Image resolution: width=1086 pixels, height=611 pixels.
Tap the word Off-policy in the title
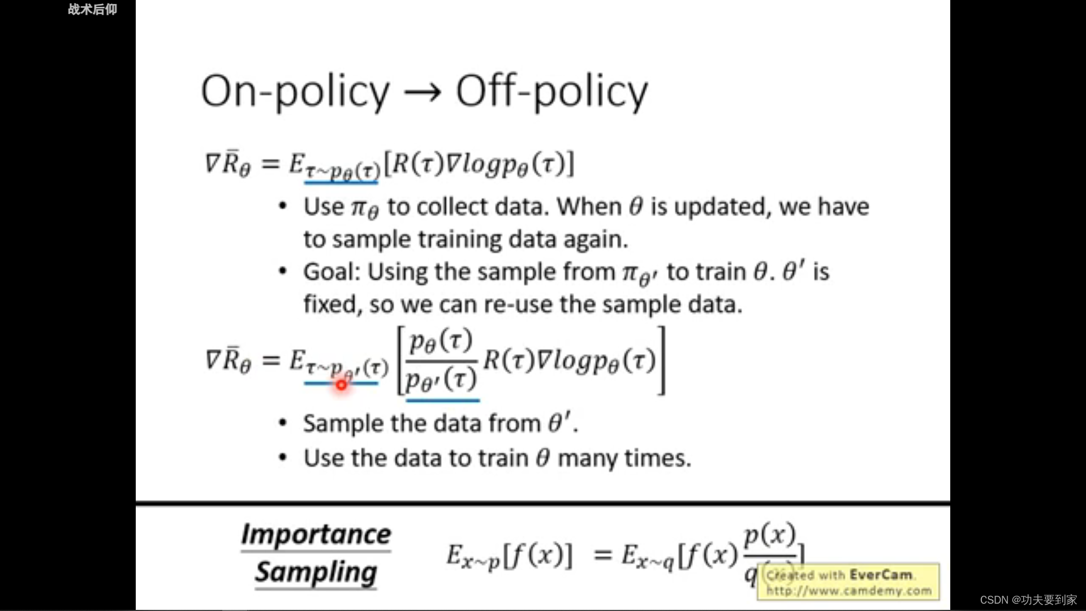[551, 92]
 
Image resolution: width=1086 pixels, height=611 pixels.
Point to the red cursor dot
[342, 385]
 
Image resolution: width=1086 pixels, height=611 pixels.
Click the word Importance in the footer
[316, 535]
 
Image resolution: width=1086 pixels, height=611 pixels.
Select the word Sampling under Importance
[316, 573]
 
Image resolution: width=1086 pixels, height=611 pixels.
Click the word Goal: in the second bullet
[332, 272]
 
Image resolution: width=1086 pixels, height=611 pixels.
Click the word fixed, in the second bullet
[333, 304]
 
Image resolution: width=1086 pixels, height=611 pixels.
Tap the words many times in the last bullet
[624, 458]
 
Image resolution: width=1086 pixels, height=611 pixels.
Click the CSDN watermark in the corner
[1028, 600]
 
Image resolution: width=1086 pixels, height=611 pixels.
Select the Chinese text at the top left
[93, 9]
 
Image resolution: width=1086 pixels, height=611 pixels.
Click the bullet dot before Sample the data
[283, 423]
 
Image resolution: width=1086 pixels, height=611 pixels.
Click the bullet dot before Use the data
[283, 458]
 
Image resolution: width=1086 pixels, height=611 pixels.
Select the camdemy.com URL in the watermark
[848, 591]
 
